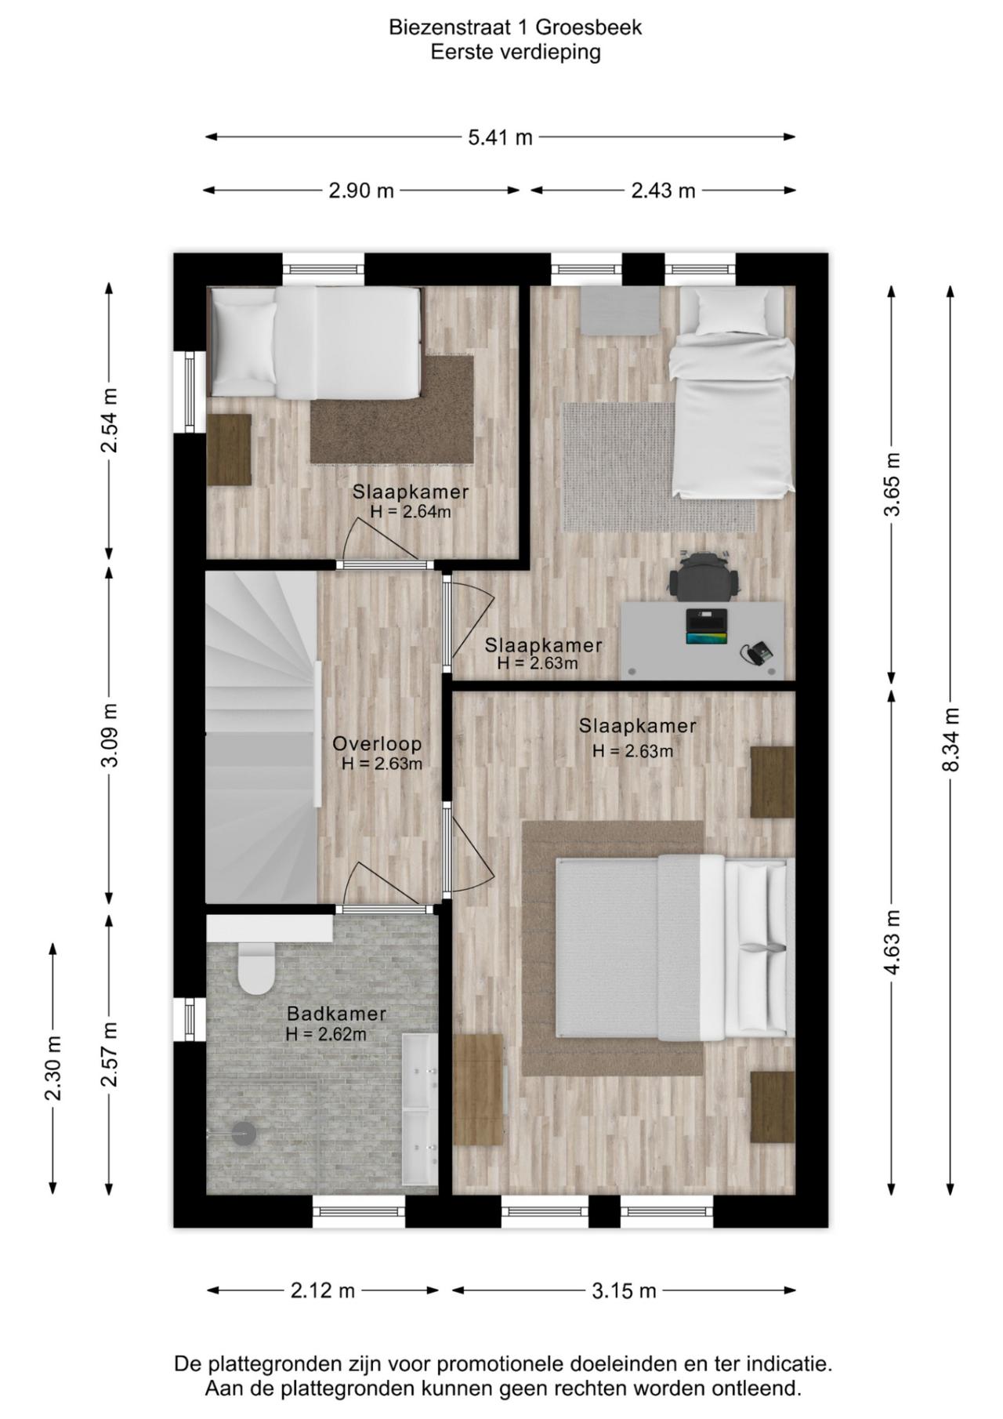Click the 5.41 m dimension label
pyautogui.click(x=500, y=138)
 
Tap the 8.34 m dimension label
pyautogui.click(x=950, y=739)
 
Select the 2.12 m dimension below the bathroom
pyautogui.click(x=323, y=1290)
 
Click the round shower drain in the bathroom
pyautogui.click(x=244, y=1132)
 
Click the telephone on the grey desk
pyautogui.click(x=759, y=652)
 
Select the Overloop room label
pyautogui.click(x=377, y=743)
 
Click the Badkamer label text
pyautogui.click(x=335, y=1013)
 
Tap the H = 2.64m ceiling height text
pyautogui.click(x=411, y=512)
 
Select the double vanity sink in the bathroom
pyautogui.click(x=420, y=1108)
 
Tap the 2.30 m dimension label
pyautogui.click(x=53, y=1068)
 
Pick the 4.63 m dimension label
pyautogui.click(x=892, y=942)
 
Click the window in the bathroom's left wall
pyautogui.click(x=189, y=1019)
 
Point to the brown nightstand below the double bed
pyautogui.click(x=772, y=1107)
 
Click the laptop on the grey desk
pyautogui.click(x=705, y=626)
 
